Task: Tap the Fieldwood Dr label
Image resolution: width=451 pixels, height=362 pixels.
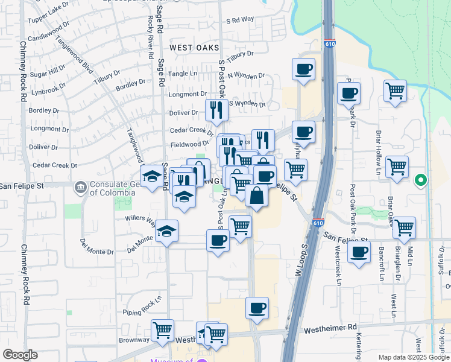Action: pos(189,144)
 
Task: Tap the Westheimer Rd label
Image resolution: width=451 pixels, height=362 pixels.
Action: pos(330,329)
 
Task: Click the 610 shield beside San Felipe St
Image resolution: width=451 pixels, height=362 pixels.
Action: pos(318,223)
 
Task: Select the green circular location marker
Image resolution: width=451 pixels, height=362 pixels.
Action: pos(421,180)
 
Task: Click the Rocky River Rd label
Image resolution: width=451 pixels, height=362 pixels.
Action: pos(150,42)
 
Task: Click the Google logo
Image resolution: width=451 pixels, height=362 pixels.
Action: pos(20,355)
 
